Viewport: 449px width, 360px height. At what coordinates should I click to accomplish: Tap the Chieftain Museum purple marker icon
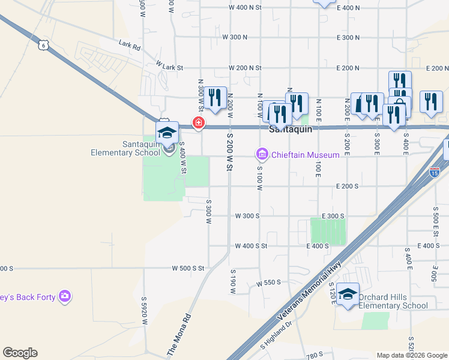[262, 155]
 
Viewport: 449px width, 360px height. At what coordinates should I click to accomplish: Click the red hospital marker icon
[198, 124]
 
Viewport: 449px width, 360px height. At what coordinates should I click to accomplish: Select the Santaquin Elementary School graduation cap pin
[167, 133]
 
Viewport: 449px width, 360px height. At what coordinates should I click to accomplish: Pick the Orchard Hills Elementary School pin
[348, 294]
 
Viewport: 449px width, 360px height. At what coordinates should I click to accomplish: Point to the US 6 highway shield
[42, 45]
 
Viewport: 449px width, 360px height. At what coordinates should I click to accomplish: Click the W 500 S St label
[188, 268]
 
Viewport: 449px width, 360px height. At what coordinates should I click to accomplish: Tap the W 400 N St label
[246, 8]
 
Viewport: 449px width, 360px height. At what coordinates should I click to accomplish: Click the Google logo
[20, 353]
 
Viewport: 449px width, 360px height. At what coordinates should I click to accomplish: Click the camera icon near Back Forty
[65, 296]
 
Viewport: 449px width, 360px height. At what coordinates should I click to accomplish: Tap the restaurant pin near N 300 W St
[215, 98]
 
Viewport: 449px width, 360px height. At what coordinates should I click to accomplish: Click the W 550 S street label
[268, 283]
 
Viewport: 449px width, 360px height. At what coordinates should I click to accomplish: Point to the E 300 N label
[348, 37]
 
